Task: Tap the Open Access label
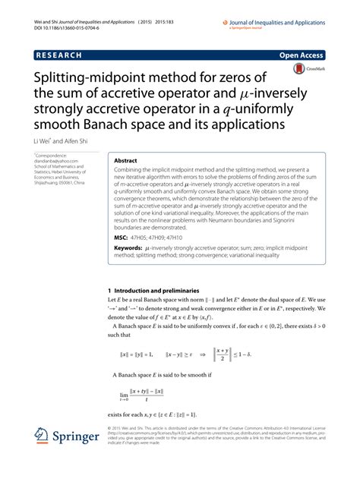(x=323, y=56)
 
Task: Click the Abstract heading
(x=125, y=161)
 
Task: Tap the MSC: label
(x=121, y=237)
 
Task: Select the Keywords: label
(x=130, y=248)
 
